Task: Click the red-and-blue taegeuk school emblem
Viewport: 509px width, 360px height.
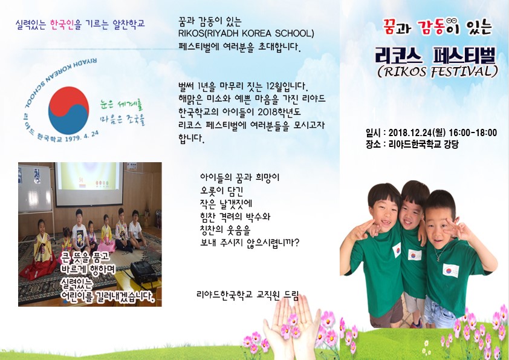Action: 68,111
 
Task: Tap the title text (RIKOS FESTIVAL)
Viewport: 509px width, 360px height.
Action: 437,71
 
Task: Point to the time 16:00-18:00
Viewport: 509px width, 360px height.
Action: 473,133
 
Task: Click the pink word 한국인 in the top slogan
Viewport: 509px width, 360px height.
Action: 62,24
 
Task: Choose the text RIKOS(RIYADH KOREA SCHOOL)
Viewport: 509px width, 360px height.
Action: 246,33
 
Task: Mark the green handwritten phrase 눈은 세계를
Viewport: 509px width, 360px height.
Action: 122,105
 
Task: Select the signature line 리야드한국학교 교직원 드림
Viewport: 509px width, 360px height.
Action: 247,295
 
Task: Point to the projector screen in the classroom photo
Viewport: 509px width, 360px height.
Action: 89,183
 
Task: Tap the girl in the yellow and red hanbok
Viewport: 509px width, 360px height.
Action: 40,250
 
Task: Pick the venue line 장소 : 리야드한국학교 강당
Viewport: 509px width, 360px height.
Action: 412,144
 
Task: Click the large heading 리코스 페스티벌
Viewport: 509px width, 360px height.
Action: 436,56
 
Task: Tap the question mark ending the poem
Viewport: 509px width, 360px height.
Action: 296,243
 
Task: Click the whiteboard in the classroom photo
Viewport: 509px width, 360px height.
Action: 34,188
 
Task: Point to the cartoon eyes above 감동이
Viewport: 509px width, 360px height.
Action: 449,21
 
